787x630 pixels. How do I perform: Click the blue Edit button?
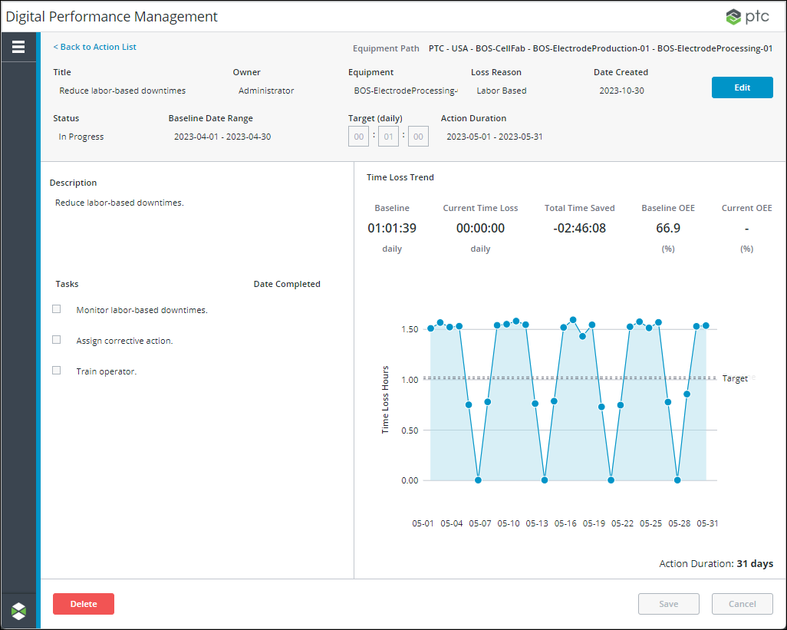742,87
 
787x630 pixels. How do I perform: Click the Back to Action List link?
95,47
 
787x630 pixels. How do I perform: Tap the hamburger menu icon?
18,47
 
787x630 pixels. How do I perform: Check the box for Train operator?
57,371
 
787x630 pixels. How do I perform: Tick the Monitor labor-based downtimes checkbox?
57,309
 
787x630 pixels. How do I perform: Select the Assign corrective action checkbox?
57,340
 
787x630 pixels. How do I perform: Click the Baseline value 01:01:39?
391,228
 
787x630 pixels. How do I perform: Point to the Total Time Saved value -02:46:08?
579,228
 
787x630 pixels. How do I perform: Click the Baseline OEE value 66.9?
668,228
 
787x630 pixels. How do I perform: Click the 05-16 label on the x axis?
565,523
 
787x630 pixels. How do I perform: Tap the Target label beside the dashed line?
735,378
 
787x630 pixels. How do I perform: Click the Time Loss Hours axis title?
386,400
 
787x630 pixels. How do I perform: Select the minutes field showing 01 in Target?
388,137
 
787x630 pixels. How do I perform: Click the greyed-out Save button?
668,604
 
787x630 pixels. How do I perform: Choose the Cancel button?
742,604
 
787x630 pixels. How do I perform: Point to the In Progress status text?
81,137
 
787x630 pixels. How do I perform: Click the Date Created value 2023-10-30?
621,91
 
